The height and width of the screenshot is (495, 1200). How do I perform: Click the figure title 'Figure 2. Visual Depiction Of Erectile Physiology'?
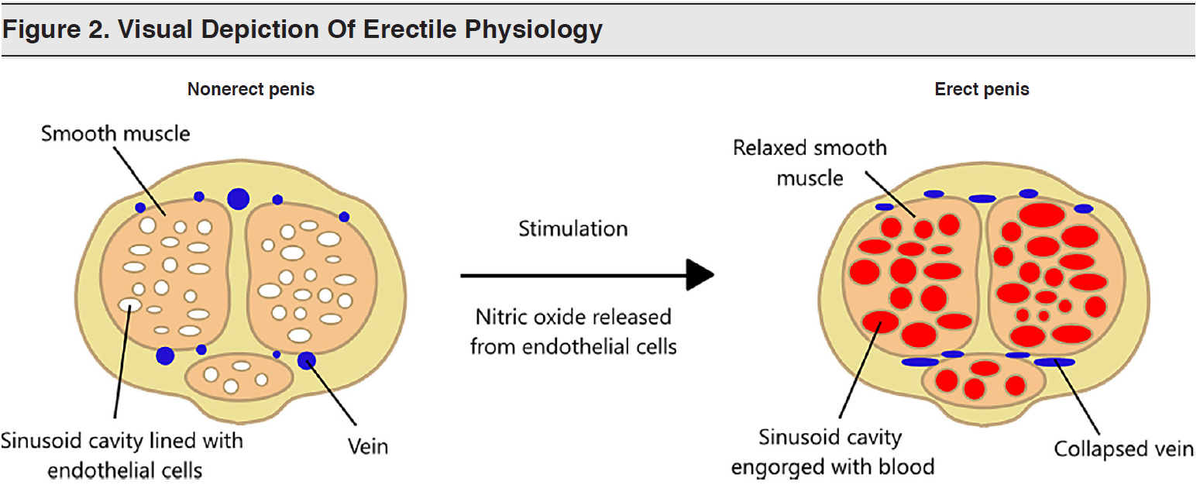click(x=302, y=29)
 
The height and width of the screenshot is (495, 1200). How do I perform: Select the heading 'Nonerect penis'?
click(x=251, y=89)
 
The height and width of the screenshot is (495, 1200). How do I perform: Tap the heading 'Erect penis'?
click(x=982, y=89)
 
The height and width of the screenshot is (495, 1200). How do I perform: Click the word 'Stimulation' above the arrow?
click(x=572, y=229)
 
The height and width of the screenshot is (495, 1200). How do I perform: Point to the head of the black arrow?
click(x=701, y=275)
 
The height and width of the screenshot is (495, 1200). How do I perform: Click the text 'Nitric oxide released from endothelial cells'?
click(x=573, y=332)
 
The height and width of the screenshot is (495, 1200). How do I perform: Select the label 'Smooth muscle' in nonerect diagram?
click(x=115, y=133)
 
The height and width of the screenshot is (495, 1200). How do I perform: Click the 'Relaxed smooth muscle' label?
click(x=810, y=162)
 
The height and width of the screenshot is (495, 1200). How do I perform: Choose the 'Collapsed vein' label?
click(x=1124, y=449)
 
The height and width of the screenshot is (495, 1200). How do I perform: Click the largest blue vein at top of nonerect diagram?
click(x=238, y=198)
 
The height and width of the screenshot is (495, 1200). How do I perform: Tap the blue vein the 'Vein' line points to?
click(x=307, y=360)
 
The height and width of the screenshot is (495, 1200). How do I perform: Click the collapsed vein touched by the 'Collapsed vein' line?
click(x=1054, y=362)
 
